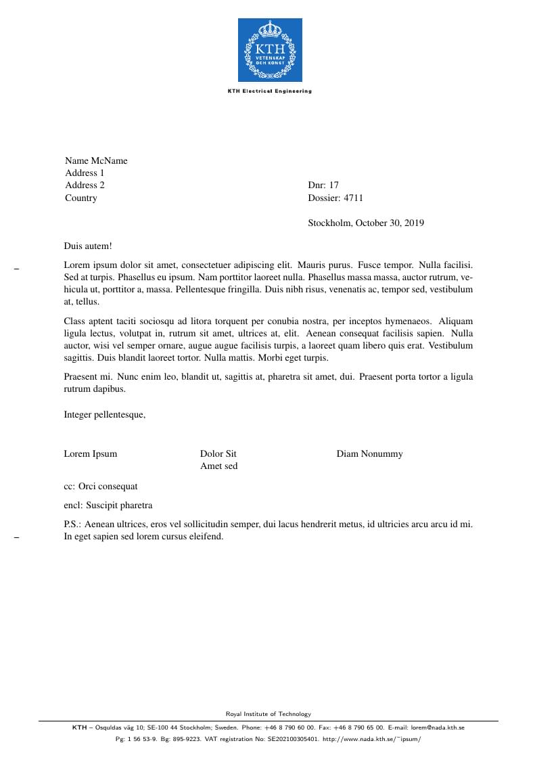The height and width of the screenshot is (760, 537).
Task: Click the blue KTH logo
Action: (x=270, y=50)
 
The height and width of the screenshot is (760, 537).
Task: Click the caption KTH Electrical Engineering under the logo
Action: (x=270, y=91)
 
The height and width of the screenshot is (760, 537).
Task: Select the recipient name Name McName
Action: (x=96, y=161)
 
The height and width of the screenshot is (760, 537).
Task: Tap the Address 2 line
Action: (x=85, y=185)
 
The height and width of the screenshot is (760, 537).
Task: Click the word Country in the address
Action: (x=81, y=198)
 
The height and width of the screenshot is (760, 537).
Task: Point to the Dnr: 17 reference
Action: (x=323, y=185)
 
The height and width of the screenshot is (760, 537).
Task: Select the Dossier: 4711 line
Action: (x=335, y=198)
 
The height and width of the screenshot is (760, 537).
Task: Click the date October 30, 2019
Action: (x=390, y=223)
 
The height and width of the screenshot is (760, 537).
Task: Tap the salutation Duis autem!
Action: (x=88, y=247)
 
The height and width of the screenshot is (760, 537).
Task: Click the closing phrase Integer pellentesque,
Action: (x=105, y=415)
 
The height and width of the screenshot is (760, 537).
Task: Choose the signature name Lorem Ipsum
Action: (x=91, y=454)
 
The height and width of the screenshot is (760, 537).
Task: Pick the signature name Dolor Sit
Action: (x=218, y=454)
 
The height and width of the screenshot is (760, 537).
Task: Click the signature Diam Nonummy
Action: (x=369, y=454)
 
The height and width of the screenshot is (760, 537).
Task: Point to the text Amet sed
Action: (x=219, y=466)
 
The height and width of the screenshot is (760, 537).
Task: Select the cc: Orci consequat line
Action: (x=101, y=487)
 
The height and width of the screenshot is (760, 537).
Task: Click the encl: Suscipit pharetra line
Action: (x=108, y=506)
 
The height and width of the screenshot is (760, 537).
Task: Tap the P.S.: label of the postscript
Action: (x=73, y=524)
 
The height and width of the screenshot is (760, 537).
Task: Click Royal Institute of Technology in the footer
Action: (x=268, y=714)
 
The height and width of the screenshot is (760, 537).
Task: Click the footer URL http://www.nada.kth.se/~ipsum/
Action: (x=372, y=740)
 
